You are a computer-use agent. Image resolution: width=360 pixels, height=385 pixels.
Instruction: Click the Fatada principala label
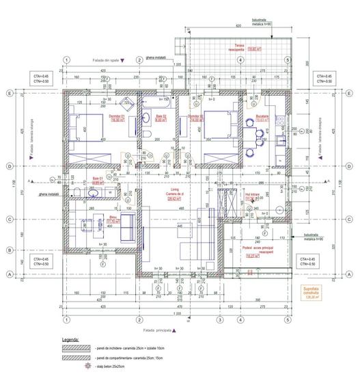click(x=159, y=330)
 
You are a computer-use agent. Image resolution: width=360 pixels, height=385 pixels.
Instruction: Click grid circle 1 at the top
click(x=66, y=59)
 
